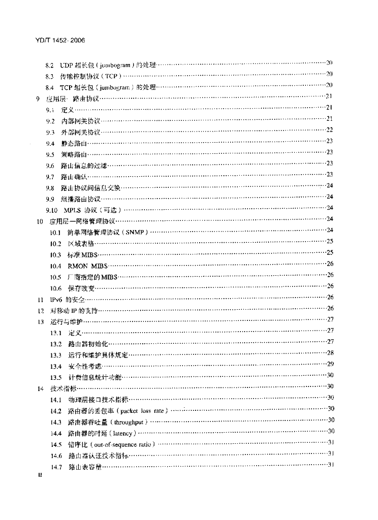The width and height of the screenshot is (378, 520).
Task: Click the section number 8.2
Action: [x=49, y=65]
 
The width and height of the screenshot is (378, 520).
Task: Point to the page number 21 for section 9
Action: [x=329, y=96]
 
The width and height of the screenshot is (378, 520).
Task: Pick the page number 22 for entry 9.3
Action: [x=329, y=131]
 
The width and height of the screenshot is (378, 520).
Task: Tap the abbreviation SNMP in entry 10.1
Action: [x=136, y=232]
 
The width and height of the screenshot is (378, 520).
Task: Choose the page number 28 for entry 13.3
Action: [x=330, y=353]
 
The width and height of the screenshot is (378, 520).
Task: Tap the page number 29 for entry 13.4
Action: [x=330, y=364]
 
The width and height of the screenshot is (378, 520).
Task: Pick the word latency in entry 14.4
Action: [x=122, y=433]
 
